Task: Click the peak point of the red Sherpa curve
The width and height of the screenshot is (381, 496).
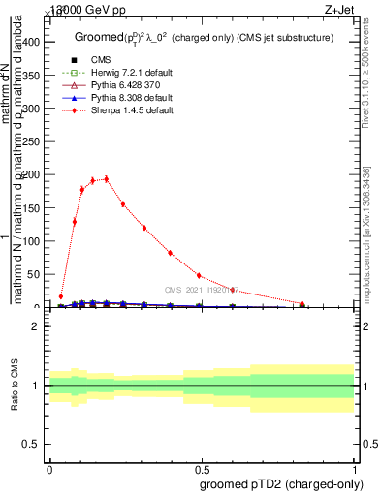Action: click(106, 178)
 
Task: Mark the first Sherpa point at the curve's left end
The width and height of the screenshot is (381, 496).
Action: click(61, 296)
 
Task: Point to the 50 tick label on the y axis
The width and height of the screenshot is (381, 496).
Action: click(33, 275)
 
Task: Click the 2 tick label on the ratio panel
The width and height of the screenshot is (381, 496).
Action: click(35, 326)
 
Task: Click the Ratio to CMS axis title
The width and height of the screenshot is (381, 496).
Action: click(14, 387)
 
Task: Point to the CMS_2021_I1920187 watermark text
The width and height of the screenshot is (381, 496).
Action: click(201, 290)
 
